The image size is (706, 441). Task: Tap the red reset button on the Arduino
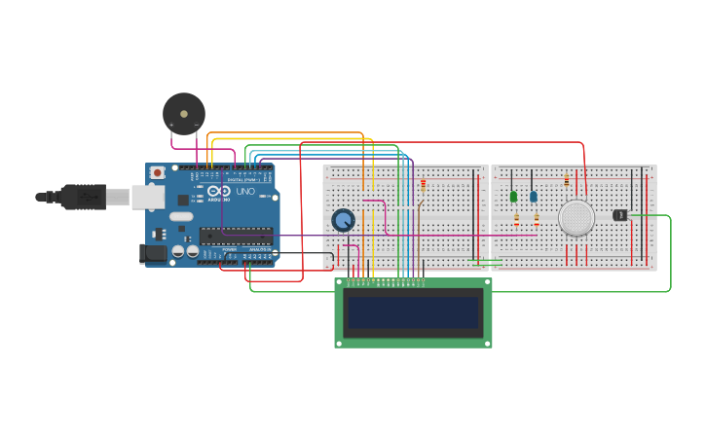click(x=158, y=173)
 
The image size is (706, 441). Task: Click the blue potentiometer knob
click(x=343, y=220)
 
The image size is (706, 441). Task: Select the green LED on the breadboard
click(x=513, y=197)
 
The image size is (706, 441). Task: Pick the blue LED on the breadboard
click(x=534, y=197)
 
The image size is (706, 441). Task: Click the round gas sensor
click(x=576, y=218)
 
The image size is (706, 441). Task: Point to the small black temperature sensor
click(x=619, y=215)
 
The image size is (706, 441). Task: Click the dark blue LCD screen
click(x=414, y=313)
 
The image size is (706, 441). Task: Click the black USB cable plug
click(x=83, y=197)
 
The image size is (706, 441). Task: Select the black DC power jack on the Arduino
click(x=153, y=254)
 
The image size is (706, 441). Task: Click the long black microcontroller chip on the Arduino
click(x=237, y=235)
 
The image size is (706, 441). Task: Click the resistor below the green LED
click(x=516, y=220)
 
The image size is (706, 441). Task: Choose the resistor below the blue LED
click(x=537, y=220)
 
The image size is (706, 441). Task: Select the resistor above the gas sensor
click(x=567, y=180)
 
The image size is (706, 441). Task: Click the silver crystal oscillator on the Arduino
click(x=181, y=216)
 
